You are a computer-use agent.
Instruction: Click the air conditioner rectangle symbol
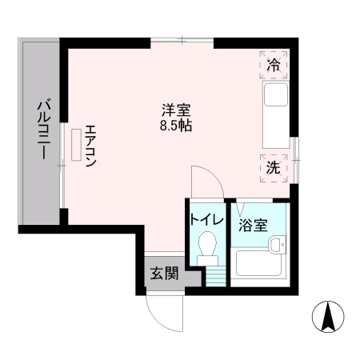(x=77, y=145)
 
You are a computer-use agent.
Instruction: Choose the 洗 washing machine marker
(x=274, y=168)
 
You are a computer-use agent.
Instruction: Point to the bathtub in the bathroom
(x=255, y=264)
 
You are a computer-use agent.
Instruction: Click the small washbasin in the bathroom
(x=277, y=246)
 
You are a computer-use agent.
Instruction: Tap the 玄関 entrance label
(x=162, y=272)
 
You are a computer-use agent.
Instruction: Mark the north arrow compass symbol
(x=327, y=318)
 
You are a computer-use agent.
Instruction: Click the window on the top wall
(x=183, y=40)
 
